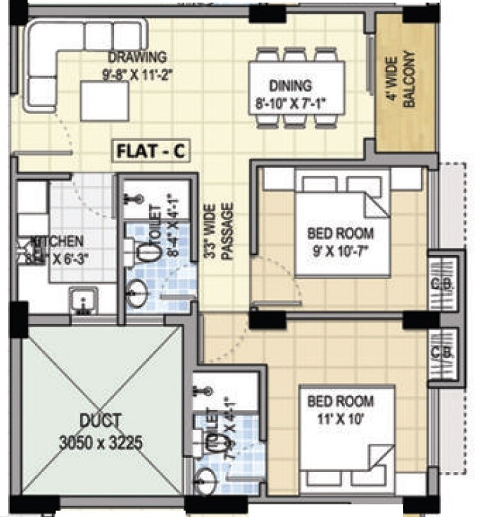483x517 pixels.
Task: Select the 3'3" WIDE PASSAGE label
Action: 220,231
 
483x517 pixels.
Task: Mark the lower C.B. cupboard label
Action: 437,352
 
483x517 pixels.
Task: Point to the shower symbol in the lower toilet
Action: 201,391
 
